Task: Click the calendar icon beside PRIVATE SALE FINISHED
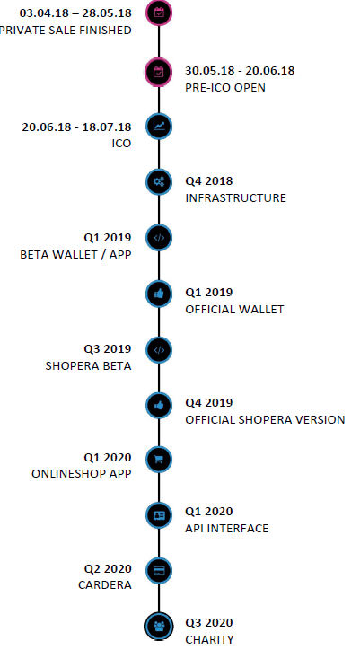tap(159, 13)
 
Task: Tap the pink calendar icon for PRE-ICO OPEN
tap(159, 72)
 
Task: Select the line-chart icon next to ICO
tap(159, 127)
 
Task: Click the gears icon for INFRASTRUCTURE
tap(159, 182)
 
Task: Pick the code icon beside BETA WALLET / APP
tap(159, 238)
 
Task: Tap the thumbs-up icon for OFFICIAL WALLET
tap(159, 294)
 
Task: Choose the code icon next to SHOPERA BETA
tap(159, 350)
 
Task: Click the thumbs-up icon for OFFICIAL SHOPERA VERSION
tap(159, 406)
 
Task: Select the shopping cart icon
tap(159, 460)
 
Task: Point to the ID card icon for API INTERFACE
tap(159, 515)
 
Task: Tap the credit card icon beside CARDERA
tap(159, 570)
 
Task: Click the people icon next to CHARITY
tap(159, 627)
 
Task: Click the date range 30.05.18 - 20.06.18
tap(240, 71)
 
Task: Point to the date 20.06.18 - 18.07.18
tap(76, 127)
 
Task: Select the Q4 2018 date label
tap(209, 181)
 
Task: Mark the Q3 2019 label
tap(107, 349)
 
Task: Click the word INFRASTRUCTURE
tap(236, 198)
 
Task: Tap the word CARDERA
tap(105, 585)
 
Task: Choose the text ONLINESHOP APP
tap(82, 474)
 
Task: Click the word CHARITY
tap(209, 640)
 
